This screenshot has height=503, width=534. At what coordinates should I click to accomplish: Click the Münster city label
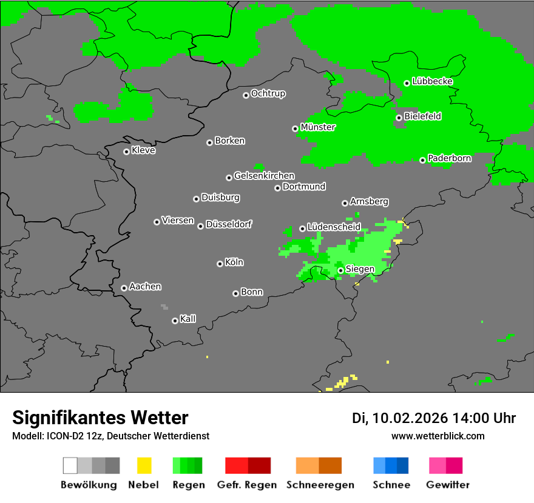(317, 127)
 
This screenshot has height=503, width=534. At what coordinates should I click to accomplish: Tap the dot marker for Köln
(220, 264)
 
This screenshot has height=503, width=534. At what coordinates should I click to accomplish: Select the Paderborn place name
(449, 158)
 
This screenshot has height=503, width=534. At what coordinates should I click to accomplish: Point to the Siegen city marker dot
(341, 270)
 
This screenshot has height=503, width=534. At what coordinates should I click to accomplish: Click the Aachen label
(145, 287)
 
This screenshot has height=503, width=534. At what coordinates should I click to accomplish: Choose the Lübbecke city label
(432, 81)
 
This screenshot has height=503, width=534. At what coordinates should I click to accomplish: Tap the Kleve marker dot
(126, 152)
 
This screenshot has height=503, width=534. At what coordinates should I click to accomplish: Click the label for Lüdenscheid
(334, 227)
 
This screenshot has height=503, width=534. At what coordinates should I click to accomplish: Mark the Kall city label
(188, 319)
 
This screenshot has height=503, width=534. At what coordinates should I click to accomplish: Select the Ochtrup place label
(268, 94)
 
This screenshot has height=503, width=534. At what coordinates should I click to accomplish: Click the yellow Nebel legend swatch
(144, 465)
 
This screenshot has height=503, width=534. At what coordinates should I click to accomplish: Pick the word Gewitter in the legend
(448, 485)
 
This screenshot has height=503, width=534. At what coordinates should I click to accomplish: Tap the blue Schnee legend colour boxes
(391, 465)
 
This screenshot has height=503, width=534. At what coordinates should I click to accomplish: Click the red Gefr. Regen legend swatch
(248, 465)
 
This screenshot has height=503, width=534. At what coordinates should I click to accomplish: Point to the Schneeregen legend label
(320, 485)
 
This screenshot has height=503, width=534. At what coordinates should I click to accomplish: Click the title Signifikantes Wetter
(100, 418)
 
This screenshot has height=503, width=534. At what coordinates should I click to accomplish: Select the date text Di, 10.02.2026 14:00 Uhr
(434, 418)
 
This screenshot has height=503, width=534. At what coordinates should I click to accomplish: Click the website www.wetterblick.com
(438, 436)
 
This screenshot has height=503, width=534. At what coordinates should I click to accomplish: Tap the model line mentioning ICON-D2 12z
(110, 436)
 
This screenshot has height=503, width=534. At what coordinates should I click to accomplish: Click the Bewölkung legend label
(89, 485)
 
